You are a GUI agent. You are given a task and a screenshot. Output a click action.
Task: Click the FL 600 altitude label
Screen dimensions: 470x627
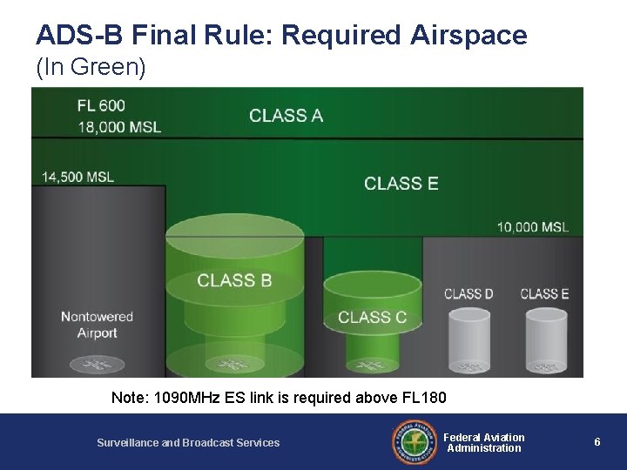102,106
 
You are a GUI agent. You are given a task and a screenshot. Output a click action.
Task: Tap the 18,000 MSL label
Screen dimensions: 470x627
118,127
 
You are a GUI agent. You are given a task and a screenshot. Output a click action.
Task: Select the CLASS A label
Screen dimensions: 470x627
287,116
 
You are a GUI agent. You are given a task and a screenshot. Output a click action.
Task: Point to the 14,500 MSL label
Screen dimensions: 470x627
78,177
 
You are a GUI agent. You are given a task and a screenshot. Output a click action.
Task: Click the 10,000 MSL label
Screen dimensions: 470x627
533,227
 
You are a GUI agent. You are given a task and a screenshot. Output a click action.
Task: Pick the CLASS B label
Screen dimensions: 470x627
233,280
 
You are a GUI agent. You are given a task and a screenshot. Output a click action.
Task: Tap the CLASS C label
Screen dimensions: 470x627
372,317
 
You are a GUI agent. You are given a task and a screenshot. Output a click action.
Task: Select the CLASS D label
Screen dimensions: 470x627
469,294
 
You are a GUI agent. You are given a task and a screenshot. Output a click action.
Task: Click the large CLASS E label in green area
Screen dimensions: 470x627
401,183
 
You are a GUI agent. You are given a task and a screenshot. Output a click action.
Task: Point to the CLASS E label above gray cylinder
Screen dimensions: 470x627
544,294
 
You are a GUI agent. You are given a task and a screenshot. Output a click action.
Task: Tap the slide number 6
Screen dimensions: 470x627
597,442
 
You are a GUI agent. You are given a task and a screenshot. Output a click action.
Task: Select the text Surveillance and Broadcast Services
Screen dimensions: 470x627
188,443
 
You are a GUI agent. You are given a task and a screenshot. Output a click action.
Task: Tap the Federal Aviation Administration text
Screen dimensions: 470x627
485,442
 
